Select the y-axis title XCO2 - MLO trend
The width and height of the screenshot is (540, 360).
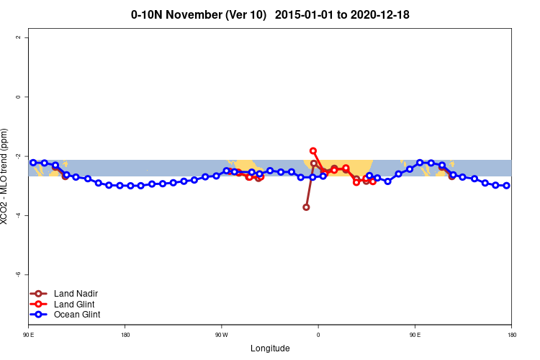pos(5,176)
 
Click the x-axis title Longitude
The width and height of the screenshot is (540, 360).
pos(270,348)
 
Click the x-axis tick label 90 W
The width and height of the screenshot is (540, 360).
pos(221,335)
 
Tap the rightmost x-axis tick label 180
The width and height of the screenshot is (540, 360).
pos(510,335)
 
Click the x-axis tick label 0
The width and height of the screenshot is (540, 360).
pos(318,335)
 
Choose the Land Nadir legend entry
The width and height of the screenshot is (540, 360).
pos(76,294)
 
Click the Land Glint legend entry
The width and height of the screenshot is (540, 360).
pos(75,304)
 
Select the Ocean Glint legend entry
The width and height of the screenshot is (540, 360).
pos(77,315)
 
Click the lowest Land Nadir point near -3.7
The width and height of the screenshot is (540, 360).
pos(306,207)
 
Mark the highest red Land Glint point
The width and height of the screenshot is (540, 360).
pos(313,151)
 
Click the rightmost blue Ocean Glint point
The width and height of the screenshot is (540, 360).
pos(507,186)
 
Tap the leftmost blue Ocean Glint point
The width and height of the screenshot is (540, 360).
pos(33,163)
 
